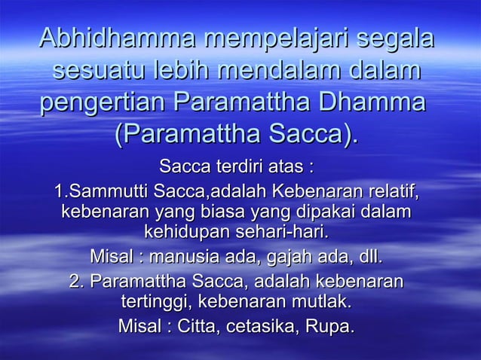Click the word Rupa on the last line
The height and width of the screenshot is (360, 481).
(336, 327)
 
